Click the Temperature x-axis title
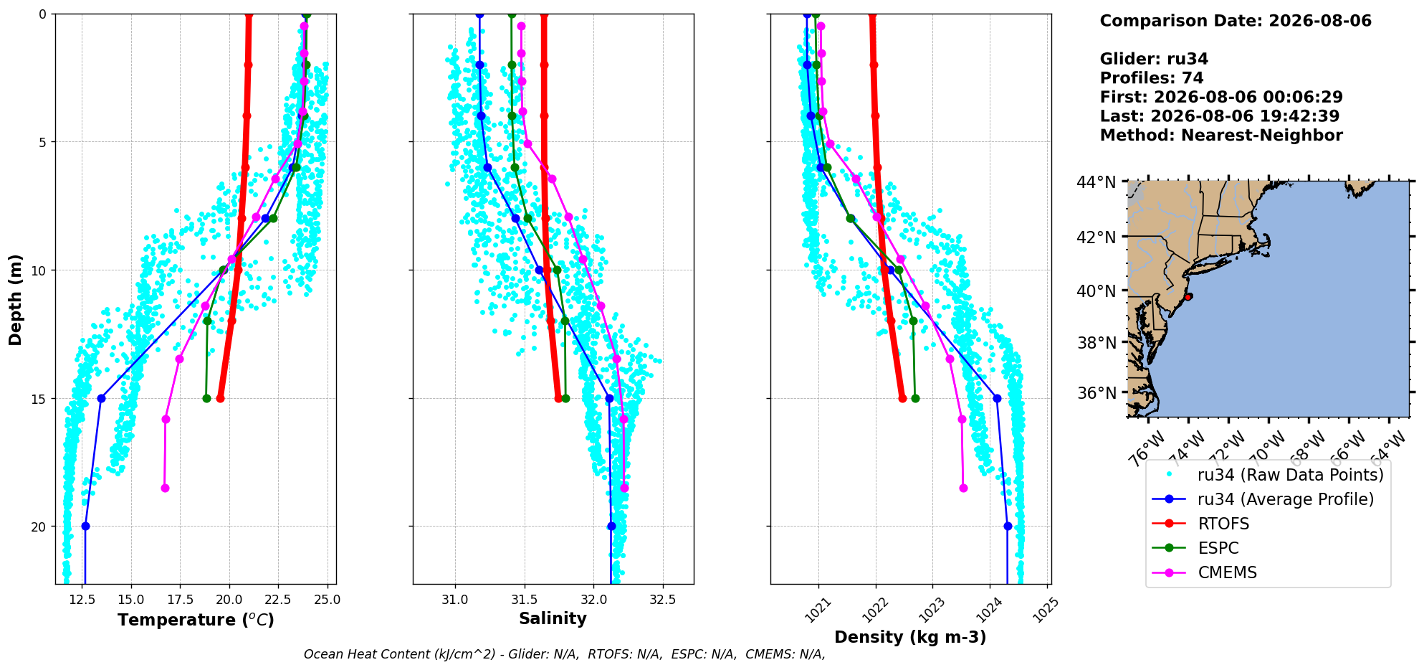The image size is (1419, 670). [x=196, y=620]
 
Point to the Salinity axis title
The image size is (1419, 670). [x=553, y=618]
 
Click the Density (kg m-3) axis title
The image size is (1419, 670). [x=910, y=637]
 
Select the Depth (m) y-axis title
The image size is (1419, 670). [x=16, y=299]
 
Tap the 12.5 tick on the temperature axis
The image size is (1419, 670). [x=82, y=600]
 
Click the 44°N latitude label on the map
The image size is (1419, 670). [x=1096, y=182]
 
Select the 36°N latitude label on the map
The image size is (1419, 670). [x=1096, y=393]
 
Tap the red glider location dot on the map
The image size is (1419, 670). [x=1188, y=296]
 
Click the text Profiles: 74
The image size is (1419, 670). [x=1152, y=78]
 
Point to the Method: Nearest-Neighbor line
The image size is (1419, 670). [x=1221, y=136]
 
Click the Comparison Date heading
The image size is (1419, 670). [x=1236, y=21]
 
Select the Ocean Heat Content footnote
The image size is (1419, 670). [x=565, y=654]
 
